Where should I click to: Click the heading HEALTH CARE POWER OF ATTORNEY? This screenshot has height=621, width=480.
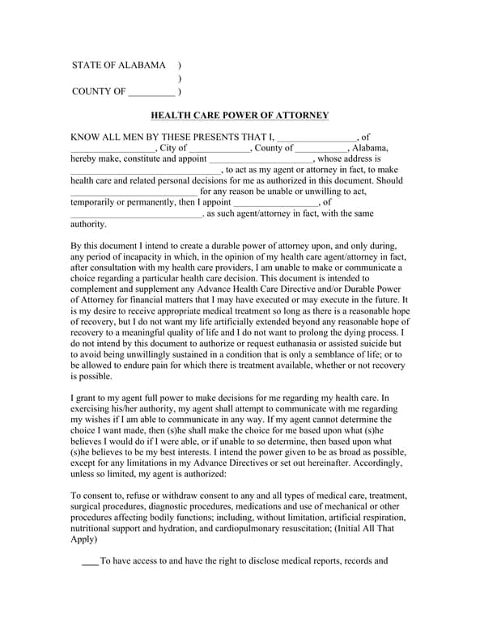point(240,116)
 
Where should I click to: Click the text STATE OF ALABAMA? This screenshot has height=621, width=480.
point(118,65)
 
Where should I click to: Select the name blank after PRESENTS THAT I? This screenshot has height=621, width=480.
point(316,138)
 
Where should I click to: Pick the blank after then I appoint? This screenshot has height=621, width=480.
point(276,203)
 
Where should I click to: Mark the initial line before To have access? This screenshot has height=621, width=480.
point(90,561)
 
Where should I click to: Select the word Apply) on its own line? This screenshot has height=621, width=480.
point(84,539)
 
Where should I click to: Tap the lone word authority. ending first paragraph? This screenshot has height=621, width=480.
point(89,225)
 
